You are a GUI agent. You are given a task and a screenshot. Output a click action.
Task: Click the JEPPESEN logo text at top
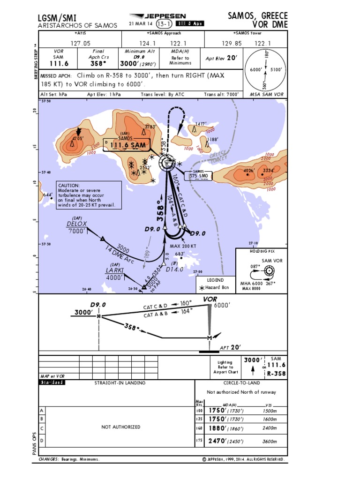165,15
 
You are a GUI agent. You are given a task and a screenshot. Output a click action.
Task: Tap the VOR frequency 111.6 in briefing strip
59,64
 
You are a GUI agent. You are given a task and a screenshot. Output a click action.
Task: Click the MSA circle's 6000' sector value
255,70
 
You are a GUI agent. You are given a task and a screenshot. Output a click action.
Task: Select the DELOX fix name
76,224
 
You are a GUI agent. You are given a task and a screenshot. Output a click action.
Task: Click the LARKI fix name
114,270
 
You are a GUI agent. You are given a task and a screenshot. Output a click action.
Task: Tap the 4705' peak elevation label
77,139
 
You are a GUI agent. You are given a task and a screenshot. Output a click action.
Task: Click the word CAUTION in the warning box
69,186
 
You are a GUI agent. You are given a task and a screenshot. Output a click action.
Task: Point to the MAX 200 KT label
183,246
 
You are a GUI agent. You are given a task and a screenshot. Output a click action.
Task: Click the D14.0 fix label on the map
174,269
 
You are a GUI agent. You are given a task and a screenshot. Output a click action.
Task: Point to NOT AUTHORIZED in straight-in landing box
121,427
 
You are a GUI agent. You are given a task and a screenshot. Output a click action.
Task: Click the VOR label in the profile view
210,299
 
